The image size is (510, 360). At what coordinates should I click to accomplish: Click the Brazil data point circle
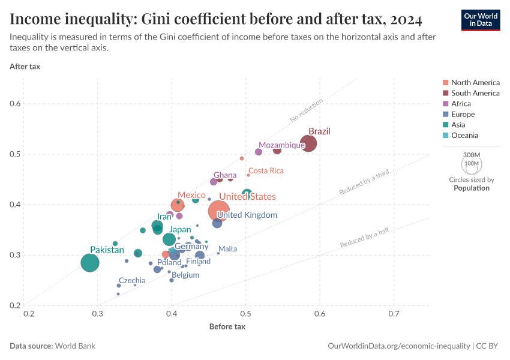[x=308, y=143]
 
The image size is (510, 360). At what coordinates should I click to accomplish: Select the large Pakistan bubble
[x=90, y=263]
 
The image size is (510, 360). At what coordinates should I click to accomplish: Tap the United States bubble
[x=218, y=211]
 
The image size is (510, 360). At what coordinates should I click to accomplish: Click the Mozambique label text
[x=282, y=145]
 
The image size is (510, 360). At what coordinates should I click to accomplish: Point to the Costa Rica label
[x=266, y=171]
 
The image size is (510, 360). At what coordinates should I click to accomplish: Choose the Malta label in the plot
[x=227, y=248]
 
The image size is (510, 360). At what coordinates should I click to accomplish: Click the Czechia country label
[x=132, y=280]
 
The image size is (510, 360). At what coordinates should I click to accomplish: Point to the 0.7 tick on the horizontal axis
[x=394, y=314]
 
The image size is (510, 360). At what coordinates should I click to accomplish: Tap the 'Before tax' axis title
[x=227, y=327]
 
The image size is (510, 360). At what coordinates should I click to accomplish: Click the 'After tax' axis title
[x=25, y=66]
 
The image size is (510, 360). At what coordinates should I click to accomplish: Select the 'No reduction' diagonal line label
[x=306, y=110]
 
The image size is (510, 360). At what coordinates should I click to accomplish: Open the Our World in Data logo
[x=480, y=20]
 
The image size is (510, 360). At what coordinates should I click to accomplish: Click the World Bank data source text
[x=75, y=346]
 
